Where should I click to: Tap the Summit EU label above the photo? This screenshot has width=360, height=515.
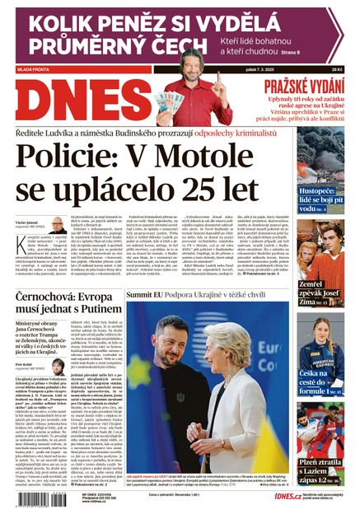pos(146,294)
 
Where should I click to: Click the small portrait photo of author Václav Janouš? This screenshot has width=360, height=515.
pos(58,225)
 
